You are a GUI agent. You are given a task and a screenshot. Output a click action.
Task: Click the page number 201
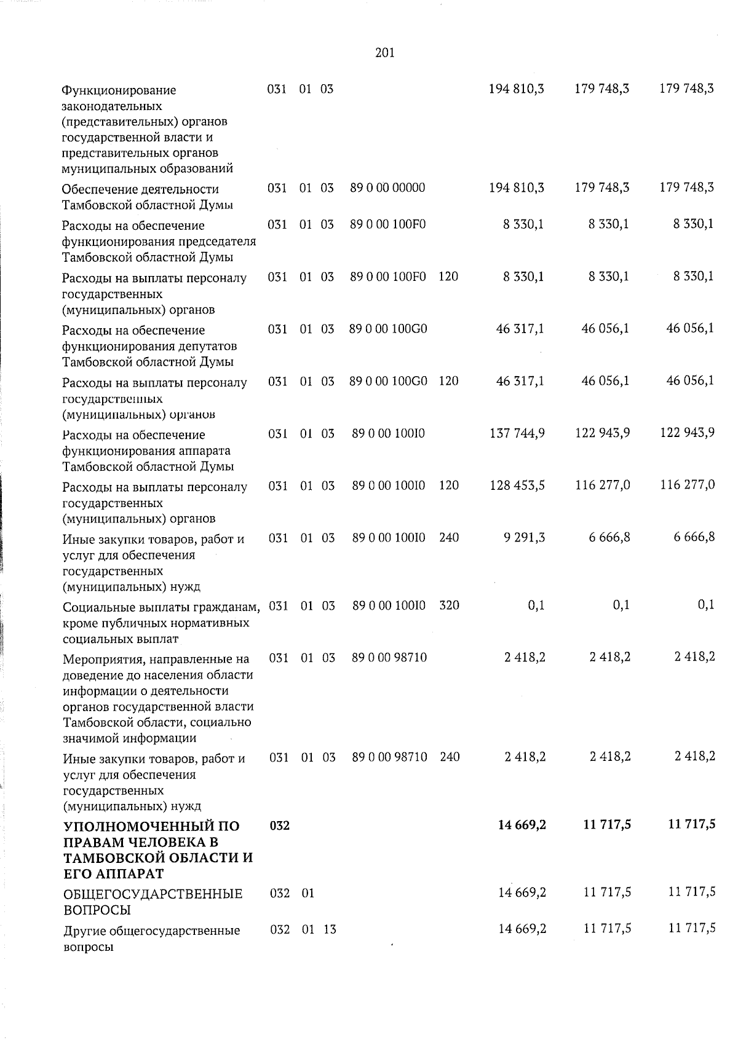[384, 53]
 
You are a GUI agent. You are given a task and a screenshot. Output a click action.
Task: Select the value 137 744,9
[517, 433]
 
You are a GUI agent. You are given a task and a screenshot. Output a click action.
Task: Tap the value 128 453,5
[517, 486]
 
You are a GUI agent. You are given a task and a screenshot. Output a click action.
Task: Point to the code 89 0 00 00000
[387, 187]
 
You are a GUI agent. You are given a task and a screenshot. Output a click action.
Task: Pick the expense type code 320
[449, 605]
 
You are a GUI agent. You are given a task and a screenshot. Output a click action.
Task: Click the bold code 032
[280, 825]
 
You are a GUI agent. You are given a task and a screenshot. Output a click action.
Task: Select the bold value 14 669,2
[522, 825]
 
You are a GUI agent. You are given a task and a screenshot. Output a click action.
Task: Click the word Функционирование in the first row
[119, 90]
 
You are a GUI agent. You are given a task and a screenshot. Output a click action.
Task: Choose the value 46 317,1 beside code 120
[520, 381]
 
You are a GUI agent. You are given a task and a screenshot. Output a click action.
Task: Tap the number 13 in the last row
[330, 929]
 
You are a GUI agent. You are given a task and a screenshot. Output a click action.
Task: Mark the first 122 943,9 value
[602, 433]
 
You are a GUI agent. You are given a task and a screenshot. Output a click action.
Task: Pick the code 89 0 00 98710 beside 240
[389, 757]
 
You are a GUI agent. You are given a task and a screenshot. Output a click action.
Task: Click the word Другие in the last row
[84, 931]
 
